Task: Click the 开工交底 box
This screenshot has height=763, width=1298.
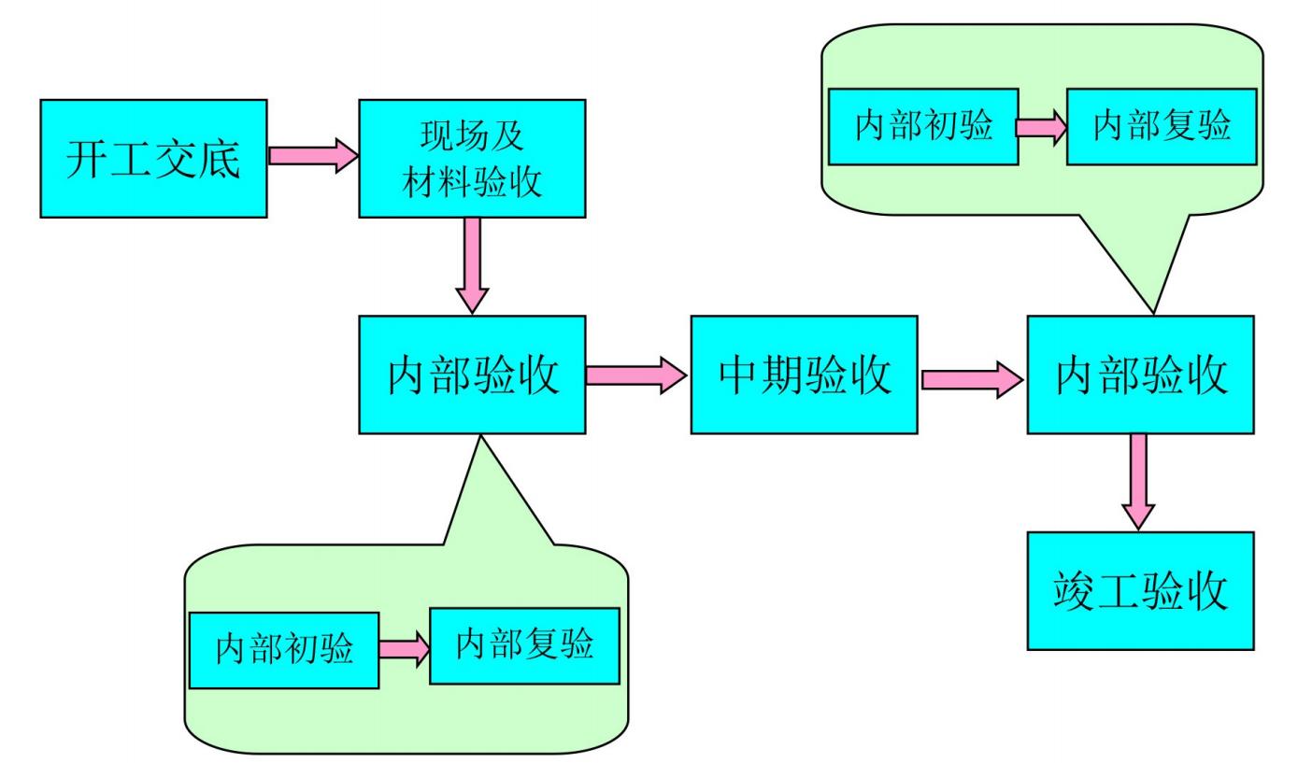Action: click(153, 158)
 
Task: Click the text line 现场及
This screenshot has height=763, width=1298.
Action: click(472, 137)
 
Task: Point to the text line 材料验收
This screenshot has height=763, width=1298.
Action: click(472, 181)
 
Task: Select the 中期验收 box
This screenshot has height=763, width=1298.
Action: click(804, 374)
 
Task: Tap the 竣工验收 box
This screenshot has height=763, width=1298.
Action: click(1140, 590)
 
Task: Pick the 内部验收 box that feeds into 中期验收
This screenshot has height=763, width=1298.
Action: click(472, 374)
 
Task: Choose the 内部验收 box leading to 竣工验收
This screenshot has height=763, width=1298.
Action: click(1140, 374)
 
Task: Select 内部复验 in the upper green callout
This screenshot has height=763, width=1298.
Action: click(1162, 126)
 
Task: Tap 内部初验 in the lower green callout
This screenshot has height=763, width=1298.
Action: click(284, 650)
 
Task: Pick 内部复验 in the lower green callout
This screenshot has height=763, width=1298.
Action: click(524, 645)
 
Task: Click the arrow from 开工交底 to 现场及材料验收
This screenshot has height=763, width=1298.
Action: click(313, 155)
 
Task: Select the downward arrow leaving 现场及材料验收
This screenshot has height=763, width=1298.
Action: click(472, 265)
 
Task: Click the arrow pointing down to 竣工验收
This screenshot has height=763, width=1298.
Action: click(1138, 482)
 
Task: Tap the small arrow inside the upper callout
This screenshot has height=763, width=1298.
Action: click(1042, 127)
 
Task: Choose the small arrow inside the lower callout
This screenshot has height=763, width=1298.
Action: click(404, 649)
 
